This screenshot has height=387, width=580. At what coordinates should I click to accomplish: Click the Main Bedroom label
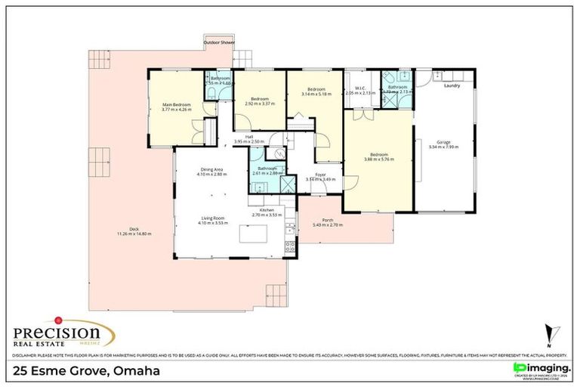click(x=177, y=104)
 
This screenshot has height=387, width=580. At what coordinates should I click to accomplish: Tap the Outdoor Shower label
click(x=218, y=43)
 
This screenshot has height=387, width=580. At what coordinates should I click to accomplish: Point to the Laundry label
click(x=452, y=85)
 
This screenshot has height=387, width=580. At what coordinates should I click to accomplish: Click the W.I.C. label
click(x=359, y=88)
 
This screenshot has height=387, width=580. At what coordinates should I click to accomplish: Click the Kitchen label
click(x=266, y=210)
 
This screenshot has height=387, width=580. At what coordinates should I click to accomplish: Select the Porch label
click(x=328, y=220)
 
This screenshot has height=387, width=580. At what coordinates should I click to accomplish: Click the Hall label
click(x=248, y=137)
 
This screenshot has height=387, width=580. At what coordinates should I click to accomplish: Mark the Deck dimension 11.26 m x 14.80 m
click(x=134, y=234)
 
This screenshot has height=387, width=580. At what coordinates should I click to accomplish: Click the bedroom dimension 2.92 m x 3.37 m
click(x=260, y=104)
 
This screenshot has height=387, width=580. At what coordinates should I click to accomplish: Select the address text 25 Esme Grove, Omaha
click(x=86, y=370)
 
